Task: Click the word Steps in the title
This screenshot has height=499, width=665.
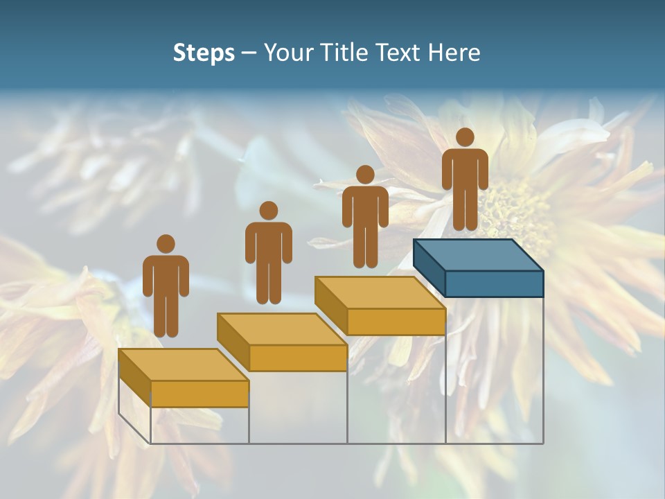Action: (x=204, y=53)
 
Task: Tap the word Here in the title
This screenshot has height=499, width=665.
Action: (x=454, y=53)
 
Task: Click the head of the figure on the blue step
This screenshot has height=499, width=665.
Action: (x=465, y=137)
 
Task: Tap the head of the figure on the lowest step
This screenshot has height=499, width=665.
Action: (x=166, y=244)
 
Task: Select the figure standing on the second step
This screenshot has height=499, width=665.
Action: (x=268, y=253)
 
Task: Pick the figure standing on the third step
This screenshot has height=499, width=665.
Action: (x=365, y=216)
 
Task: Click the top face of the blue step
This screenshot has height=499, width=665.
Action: (x=478, y=255)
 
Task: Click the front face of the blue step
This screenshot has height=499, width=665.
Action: (x=494, y=283)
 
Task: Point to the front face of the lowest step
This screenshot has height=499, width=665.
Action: (x=199, y=394)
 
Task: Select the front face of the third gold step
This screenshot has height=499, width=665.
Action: (x=396, y=322)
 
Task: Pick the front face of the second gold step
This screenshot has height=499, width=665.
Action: (x=298, y=358)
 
